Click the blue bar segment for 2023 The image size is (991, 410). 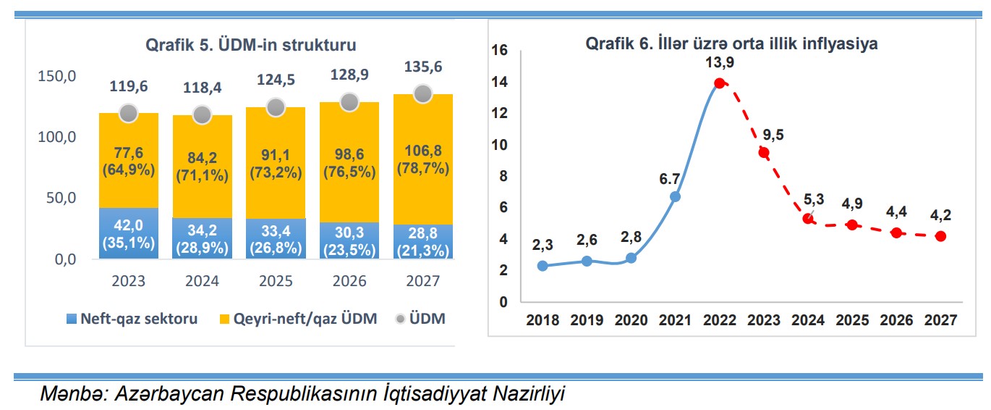pyautogui.click(x=128, y=233)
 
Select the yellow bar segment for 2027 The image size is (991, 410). pyautogui.click(x=423, y=159)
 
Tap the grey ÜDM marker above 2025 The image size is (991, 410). pyautogui.click(x=276, y=107)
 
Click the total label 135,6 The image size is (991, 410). pyautogui.click(x=423, y=67)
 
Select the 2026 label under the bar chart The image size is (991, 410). pyautogui.click(x=349, y=281)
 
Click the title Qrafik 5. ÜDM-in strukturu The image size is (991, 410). pyautogui.click(x=251, y=45)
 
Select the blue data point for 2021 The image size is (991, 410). pyautogui.click(x=675, y=196)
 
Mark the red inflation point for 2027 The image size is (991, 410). pyautogui.click(x=940, y=236)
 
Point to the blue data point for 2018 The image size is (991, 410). pyautogui.click(x=543, y=266)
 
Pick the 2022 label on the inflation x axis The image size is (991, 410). pyautogui.click(x=719, y=320)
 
